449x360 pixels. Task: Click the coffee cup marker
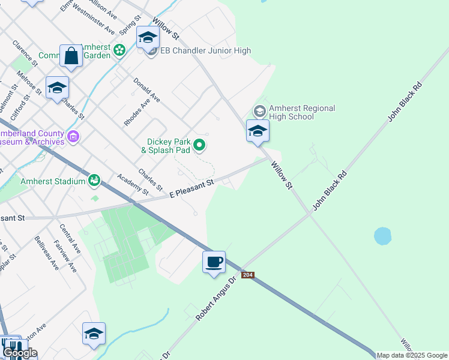[x=214, y=262]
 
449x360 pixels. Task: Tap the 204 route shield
[x=248, y=275]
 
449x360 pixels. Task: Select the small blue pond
[x=383, y=236]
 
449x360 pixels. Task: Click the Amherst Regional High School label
[x=301, y=112]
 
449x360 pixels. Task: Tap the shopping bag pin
[x=71, y=56]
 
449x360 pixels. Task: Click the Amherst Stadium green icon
[x=94, y=179]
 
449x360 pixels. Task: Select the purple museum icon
[x=74, y=137]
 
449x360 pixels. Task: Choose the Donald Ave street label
[x=146, y=89]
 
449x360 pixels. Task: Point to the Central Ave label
[x=70, y=238]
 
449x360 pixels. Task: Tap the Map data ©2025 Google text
[x=412, y=355]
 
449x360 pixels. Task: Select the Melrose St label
[x=29, y=83]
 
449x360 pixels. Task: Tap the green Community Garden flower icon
[x=119, y=50]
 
